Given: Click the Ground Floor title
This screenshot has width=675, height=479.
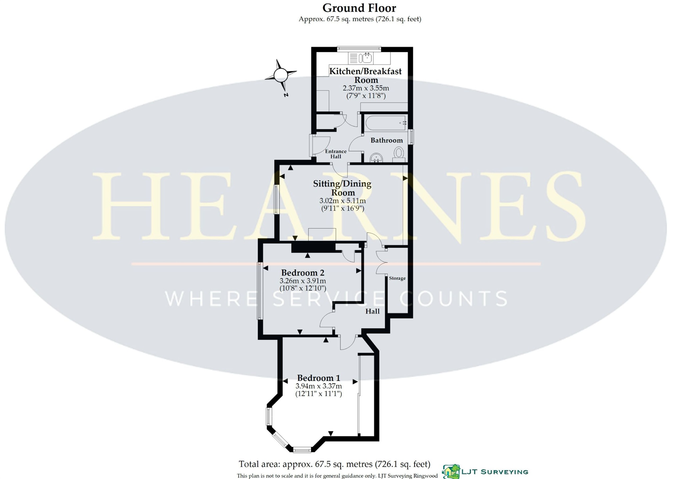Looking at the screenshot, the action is click(359, 8).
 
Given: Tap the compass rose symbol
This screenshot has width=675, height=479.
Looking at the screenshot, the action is click(281, 76).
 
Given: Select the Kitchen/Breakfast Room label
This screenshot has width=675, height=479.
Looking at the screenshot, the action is click(366, 76).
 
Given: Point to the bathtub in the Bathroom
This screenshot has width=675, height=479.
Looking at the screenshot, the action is click(386, 123).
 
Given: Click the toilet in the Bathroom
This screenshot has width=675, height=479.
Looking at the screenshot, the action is click(399, 155).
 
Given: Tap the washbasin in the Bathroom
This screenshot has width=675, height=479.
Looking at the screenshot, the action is click(376, 158).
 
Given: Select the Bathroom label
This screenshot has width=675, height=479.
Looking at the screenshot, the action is click(387, 140).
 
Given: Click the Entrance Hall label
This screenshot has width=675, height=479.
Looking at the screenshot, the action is click(336, 154).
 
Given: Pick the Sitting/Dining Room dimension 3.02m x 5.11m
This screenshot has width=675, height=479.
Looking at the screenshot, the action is click(343, 201).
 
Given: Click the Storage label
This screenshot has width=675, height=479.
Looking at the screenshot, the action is click(397, 278).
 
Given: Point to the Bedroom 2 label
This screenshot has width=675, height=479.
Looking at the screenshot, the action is click(303, 273).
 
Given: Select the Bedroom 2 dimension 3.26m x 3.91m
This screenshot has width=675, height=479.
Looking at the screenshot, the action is click(303, 281).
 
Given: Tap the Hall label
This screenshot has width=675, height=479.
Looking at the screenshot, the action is click(372, 311).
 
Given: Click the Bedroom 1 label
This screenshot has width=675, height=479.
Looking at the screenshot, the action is click(319, 378).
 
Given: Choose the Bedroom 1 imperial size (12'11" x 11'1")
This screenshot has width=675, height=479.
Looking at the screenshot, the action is click(319, 394).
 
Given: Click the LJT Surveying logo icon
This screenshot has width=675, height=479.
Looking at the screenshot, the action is click(451, 472).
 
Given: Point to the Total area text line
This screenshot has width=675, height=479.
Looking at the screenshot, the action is click(334, 464).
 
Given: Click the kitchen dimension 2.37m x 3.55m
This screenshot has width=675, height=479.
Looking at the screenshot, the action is click(366, 88).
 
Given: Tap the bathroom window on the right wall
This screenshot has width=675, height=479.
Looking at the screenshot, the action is click(411, 137).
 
